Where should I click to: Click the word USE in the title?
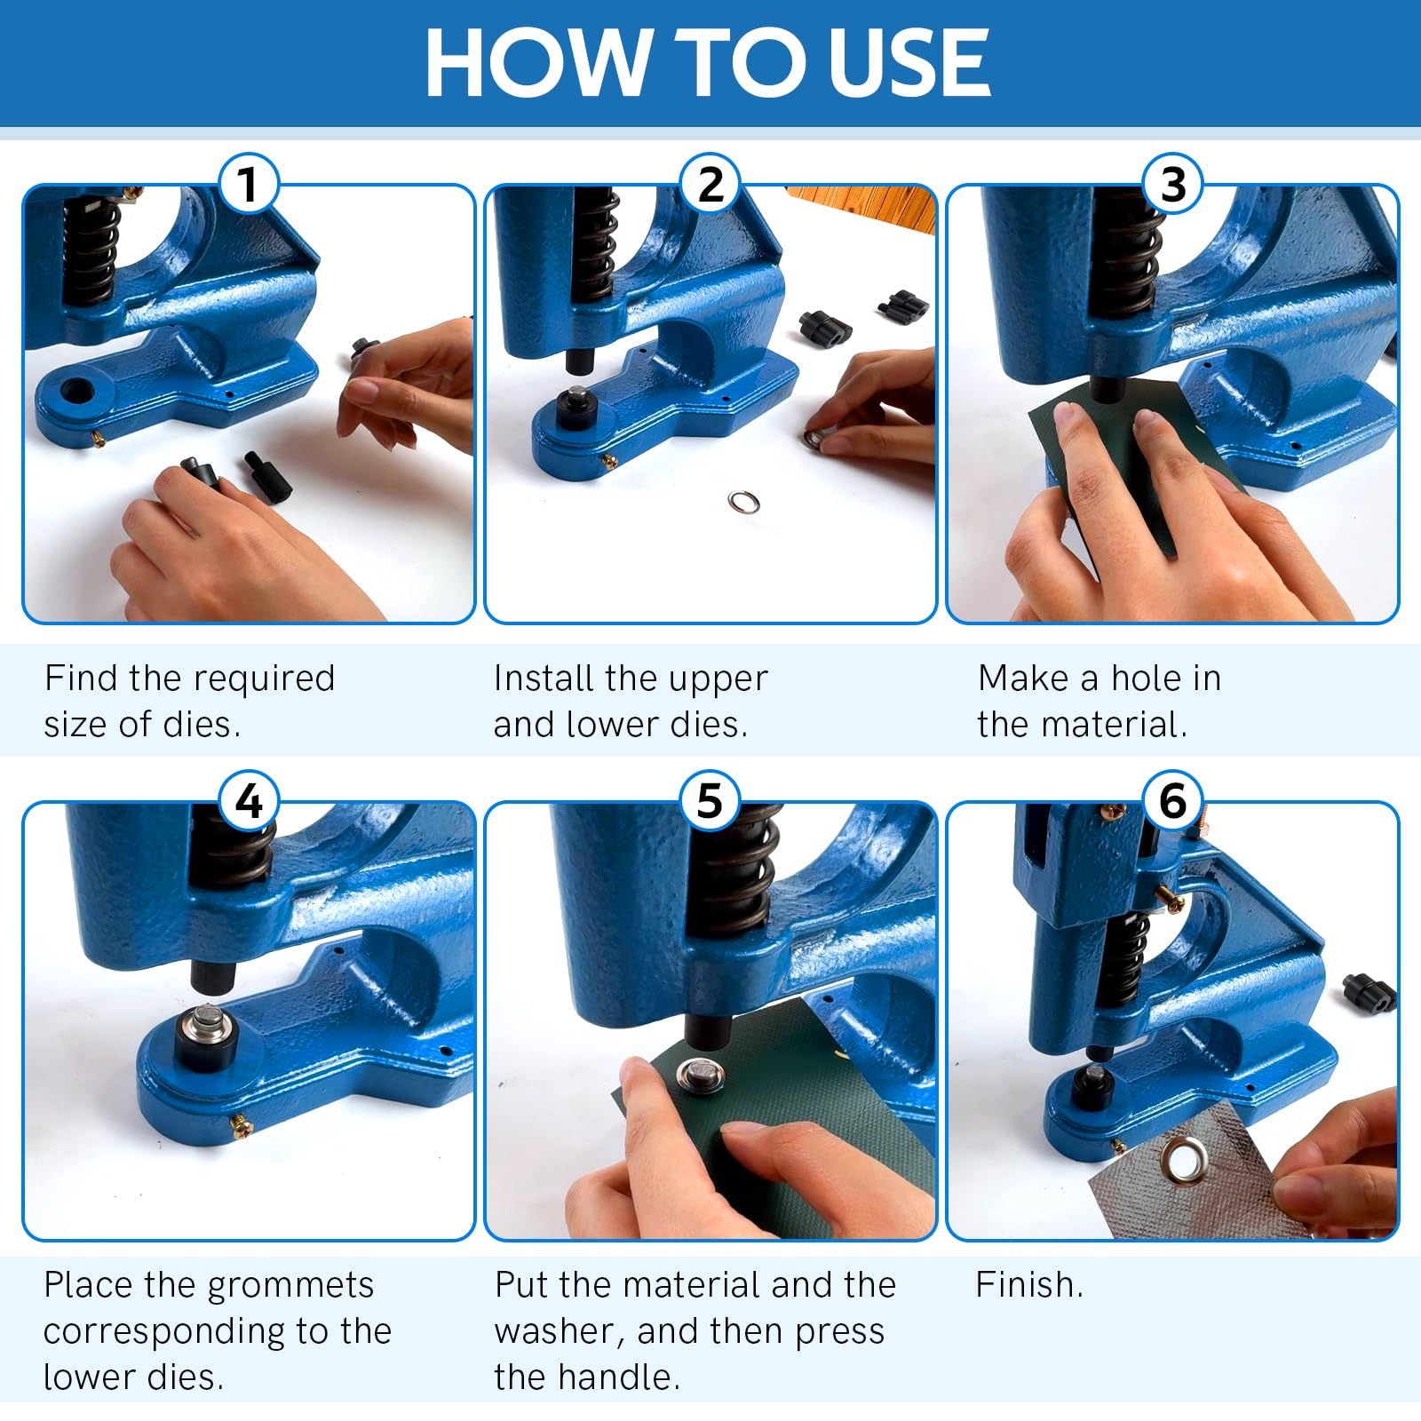coord(901,63)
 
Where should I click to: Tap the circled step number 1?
coord(248,185)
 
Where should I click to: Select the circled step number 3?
coord(1172,185)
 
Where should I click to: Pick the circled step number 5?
coord(709,801)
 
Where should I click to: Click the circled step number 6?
coord(1172,801)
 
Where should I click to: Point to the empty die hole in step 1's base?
coord(76,390)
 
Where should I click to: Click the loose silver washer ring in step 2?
coord(743,503)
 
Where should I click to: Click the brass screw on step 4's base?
coord(242,1127)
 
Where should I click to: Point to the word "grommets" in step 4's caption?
coord(290,1285)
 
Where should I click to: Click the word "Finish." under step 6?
coord(1029,1285)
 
